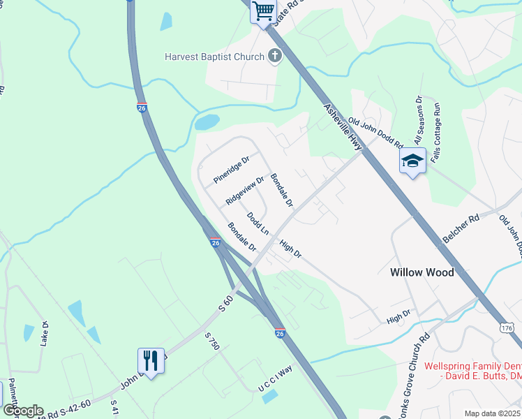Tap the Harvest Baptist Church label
[x=214, y=57]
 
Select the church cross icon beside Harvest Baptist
[x=275, y=57]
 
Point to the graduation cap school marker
[x=412, y=161]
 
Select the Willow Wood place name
[x=422, y=272]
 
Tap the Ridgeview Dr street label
[x=245, y=190]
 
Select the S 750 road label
[x=212, y=341]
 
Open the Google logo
[x=22, y=411]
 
